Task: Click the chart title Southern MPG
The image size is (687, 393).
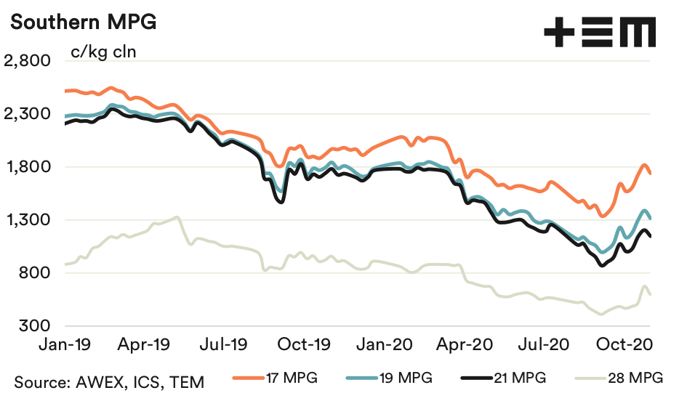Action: click(x=83, y=22)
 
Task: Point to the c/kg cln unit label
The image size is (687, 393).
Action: click(x=103, y=52)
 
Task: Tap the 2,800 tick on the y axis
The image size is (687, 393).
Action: click(x=26, y=61)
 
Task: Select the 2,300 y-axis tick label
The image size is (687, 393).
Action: click(x=26, y=114)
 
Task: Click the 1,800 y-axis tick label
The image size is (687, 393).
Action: click(x=26, y=167)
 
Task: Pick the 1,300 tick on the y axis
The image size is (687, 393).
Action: click(x=26, y=220)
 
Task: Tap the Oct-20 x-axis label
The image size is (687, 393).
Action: click(x=627, y=344)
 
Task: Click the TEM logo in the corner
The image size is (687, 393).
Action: click(x=600, y=33)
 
